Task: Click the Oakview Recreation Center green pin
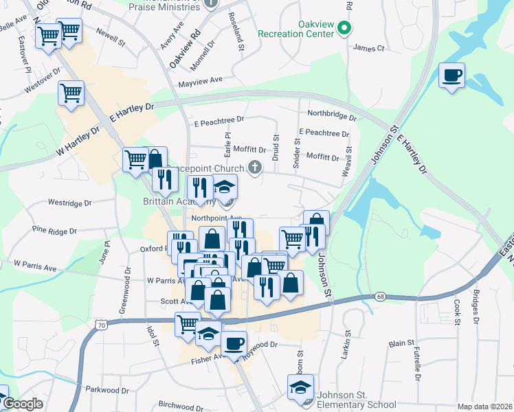(x=346, y=28)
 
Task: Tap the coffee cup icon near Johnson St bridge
(x=451, y=76)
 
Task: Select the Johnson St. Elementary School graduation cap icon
(x=300, y=387)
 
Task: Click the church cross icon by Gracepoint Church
(x=254, y=167)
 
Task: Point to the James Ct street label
(x=368, y=48)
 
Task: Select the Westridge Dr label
(x=69, y=203)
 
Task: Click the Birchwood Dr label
(x=181, y=405)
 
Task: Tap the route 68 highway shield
(x=380, y=296)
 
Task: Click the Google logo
(x=23, y=404)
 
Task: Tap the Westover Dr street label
(x=38, y=88)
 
